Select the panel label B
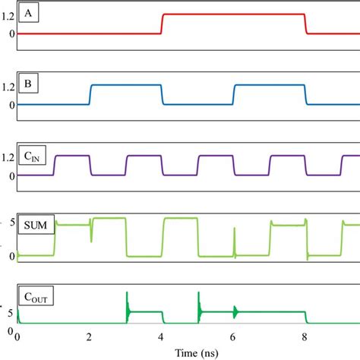pos(29,81)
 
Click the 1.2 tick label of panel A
pos(8,16)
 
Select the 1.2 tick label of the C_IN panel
pos(8,157)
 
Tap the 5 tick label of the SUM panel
pos(10,222)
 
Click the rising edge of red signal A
pos(162,24)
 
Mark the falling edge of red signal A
pos(305,24)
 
